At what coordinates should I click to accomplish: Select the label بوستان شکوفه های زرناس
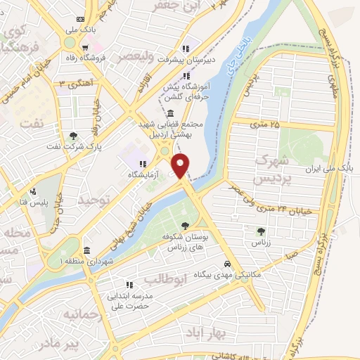[184, 242]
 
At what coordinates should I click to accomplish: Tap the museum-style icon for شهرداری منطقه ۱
[86, 250]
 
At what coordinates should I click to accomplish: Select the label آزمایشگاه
[143, 174]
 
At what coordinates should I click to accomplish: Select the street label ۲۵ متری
[265, 125]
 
